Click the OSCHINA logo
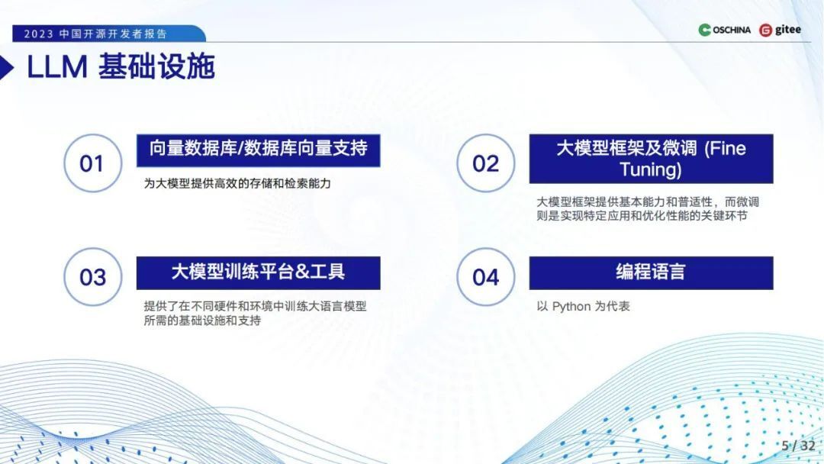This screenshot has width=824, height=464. tap(724, 30)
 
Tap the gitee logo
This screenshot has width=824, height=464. tap(780, 30)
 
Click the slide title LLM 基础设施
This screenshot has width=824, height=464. tap(121, 66)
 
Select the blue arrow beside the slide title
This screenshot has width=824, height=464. tap(7, 67)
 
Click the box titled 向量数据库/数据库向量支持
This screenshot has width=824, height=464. tap(258, 150)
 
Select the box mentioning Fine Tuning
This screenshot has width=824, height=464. tap(651, 159)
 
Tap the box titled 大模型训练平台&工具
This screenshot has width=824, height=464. tap(258, 272)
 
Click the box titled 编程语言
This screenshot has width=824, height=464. tap(651, 272)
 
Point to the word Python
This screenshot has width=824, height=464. tap(571, 306)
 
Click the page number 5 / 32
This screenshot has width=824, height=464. tap(798, 446)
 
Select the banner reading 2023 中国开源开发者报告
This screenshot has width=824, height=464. tap(109, 34)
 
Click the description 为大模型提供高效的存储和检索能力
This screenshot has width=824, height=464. tap(237, 183)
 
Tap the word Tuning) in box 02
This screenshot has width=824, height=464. tap(651, 169)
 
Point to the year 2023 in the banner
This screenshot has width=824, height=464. tap(38, 34)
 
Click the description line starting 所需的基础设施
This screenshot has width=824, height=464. tap(202, 321)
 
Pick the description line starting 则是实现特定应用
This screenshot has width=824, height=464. tap(642, 216)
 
